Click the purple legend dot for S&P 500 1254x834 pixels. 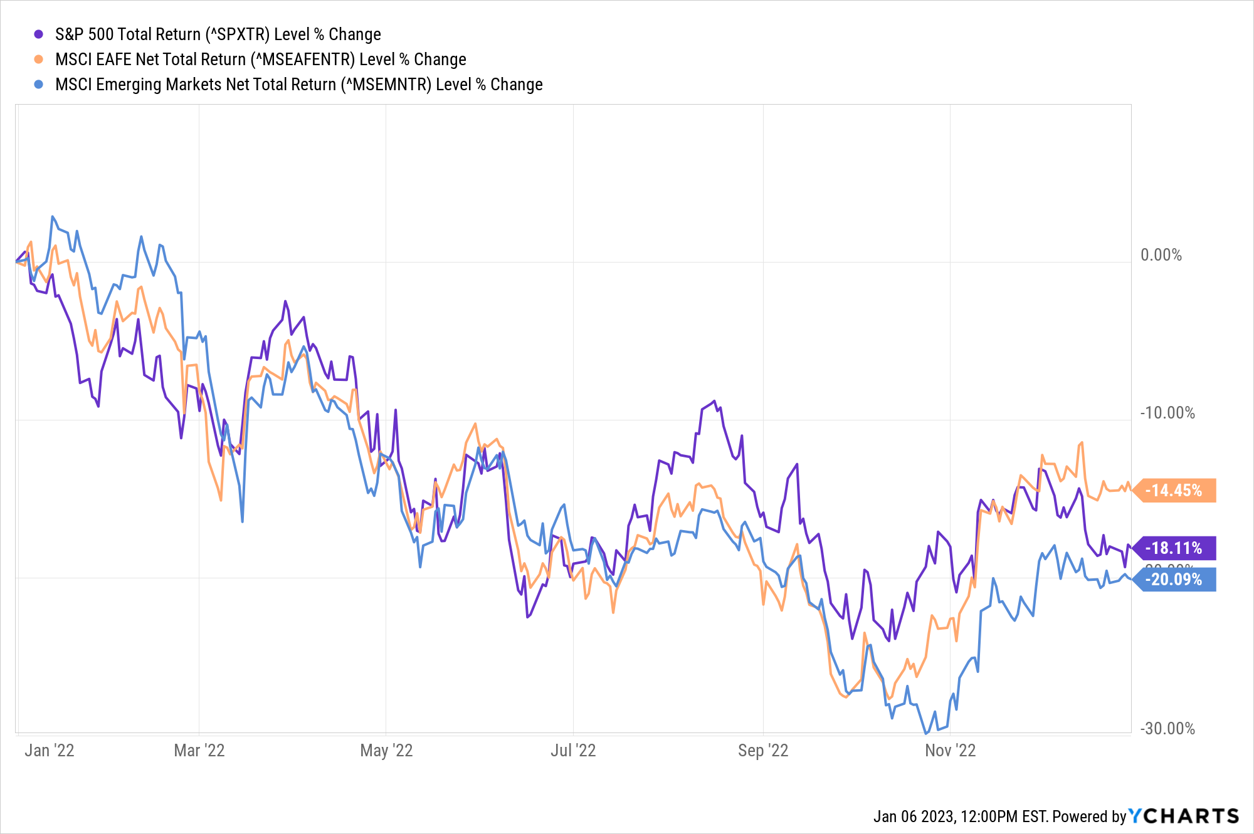39,34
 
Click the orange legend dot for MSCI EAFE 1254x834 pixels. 39,60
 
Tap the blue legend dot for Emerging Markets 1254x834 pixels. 39,85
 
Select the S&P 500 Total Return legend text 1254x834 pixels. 218,34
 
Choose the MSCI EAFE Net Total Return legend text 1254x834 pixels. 260,60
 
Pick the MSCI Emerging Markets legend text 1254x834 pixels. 298,85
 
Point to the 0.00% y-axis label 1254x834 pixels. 1161,255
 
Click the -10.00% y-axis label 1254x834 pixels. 1167,413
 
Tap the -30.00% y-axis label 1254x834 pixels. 1167,729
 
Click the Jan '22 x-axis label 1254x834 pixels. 50,751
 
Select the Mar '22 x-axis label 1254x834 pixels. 199,751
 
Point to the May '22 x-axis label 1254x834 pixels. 386,751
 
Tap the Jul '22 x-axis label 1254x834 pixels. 573,751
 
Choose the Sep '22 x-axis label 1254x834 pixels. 763,751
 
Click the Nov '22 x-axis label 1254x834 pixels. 950,751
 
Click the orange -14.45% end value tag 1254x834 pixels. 1174,490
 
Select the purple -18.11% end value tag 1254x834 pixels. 1174,548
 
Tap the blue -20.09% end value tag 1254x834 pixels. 1174,580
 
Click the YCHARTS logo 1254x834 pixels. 1184,816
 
